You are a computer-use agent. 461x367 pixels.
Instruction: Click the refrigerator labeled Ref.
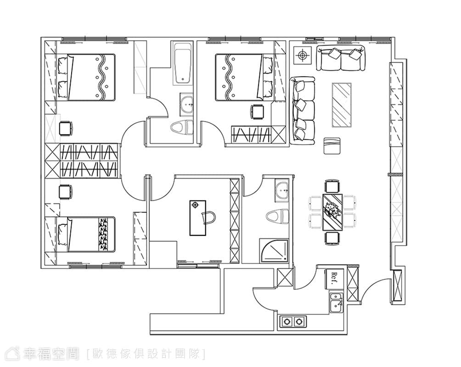pyautogui.click(x=334, y=278)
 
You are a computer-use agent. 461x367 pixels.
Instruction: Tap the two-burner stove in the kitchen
pyautogui.click(x=293, y=322)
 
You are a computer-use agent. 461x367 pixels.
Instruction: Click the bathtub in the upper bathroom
pyautogui.click(x=183, y=63)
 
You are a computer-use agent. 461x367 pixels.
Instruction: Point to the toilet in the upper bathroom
pyautogui.click(x=182, y=128)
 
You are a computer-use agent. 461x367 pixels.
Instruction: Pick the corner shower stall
pyautogui.click(x=274, y=250)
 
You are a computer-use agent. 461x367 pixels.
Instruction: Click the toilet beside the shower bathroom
pyautogui.click(x=277, y=217)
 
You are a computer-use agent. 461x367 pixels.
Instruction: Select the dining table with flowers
pyautogui.click(x=332, y=212)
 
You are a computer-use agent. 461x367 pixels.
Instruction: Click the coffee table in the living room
pyautogui.click(x=342, y=105)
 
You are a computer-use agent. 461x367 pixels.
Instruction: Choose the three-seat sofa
pyautogui.click(x=302, y=111)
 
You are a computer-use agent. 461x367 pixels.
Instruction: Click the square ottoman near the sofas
pyautogui.click(x=332, y=146)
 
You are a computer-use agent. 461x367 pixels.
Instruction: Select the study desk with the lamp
pyautogui.click(x=197, y=218)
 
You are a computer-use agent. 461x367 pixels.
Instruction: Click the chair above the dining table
pyautogui.click(x=332, y=186)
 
